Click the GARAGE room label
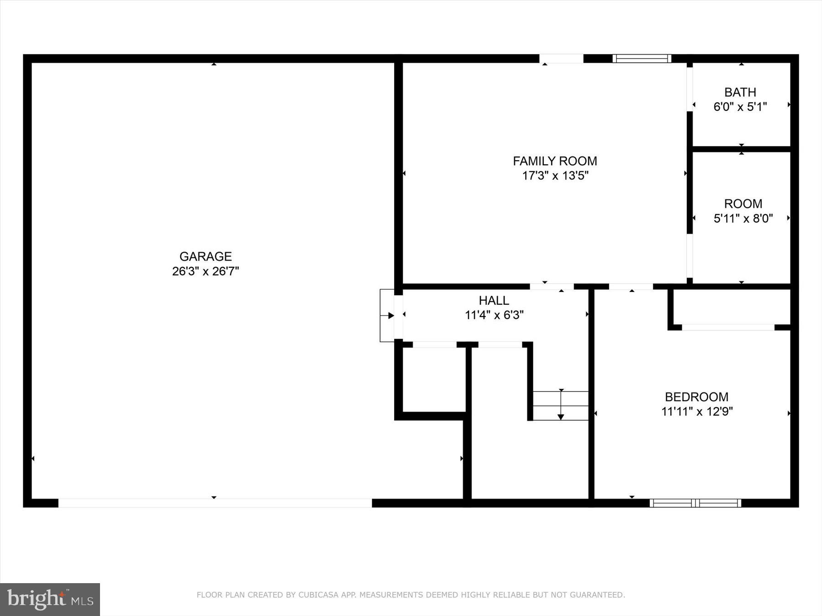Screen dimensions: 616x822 (x=205, y=256)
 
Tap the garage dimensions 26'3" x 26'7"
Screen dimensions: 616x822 (x=205, y=271)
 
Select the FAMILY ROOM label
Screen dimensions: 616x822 (x=555, y=161)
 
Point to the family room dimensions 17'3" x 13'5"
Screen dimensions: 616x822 (x=555, y=176)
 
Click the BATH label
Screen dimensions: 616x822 (x=740, y=92)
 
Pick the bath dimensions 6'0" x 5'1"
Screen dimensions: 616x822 (x=740, y=107)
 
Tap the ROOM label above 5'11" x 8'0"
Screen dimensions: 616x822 (x=743, y=204)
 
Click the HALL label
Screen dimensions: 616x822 (x=494, y=301)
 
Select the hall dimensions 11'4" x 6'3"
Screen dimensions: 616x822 (x=494, y=315)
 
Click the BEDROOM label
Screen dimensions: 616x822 (x=696, y=397)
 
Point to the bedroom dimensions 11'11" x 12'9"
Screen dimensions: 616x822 (x=697, y=412)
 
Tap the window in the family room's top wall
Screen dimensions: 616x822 (x=642, y=58)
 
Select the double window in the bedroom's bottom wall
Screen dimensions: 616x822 (x=695, y=503)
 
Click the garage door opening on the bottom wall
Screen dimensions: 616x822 (x=215, y=503)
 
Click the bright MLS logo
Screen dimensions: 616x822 (x=50, y=600)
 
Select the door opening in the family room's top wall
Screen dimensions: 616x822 (x=561, y=58)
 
